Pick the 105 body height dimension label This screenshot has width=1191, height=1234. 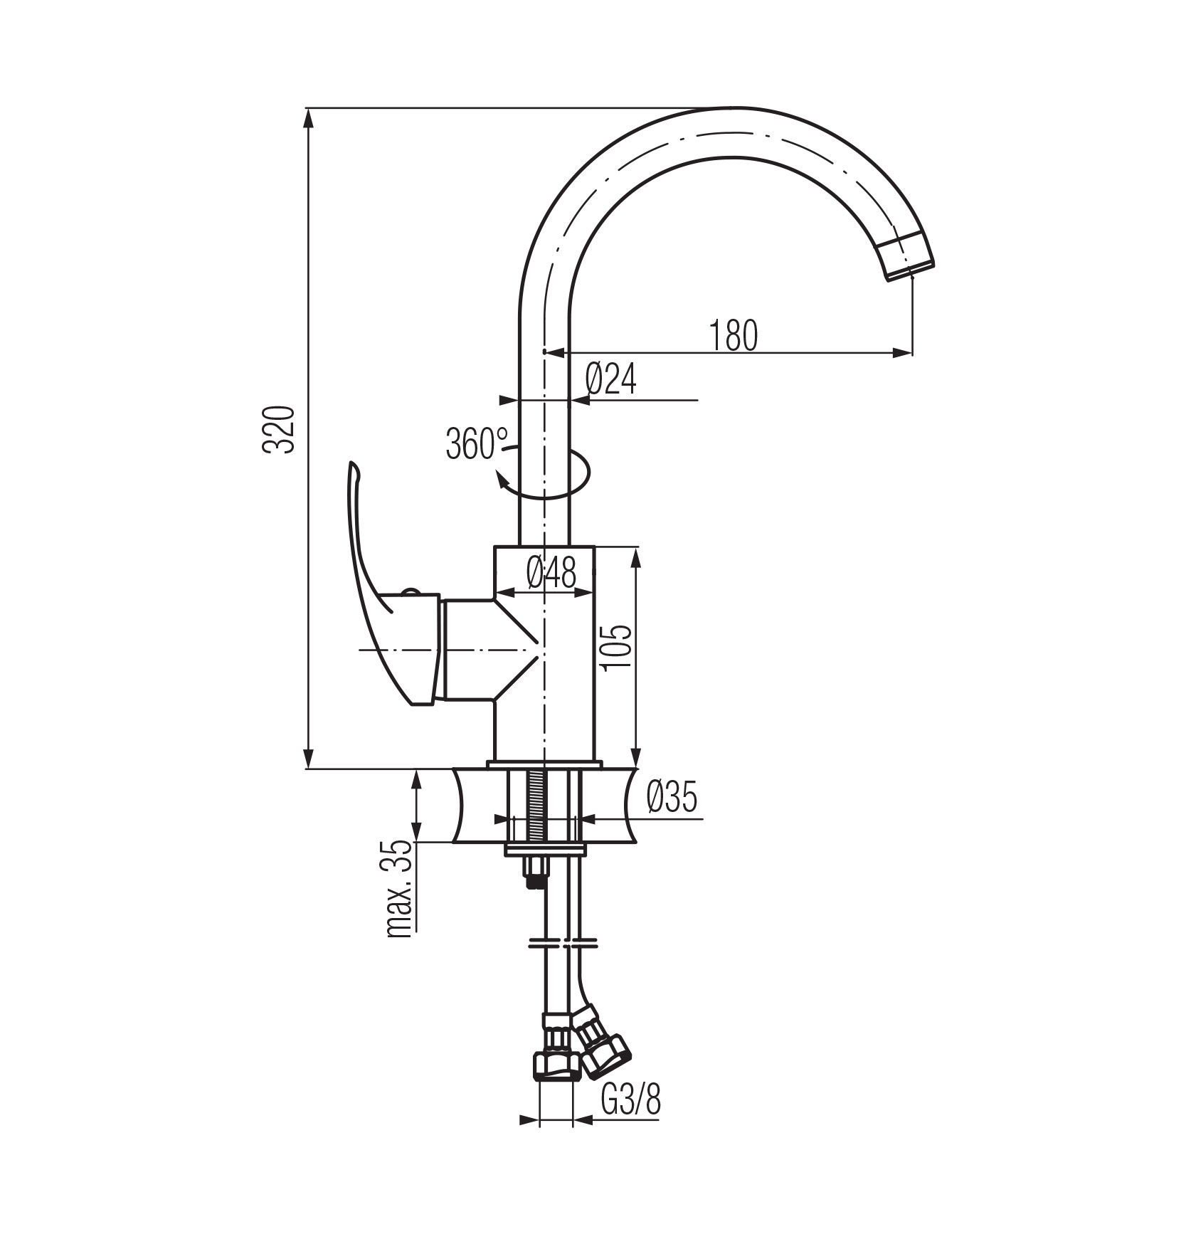pos(615,648)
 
